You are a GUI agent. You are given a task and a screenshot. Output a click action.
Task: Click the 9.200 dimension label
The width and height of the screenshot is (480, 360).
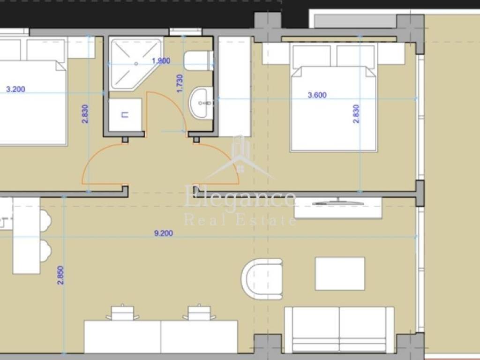click(164, 233)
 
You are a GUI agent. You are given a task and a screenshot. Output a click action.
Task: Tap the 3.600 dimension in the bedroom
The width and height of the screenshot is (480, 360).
click(317, 95)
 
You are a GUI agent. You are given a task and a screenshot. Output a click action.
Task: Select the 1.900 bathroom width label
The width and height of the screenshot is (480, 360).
click(161, 60)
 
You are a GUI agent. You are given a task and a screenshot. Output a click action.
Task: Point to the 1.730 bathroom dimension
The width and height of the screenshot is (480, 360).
click(180, 83)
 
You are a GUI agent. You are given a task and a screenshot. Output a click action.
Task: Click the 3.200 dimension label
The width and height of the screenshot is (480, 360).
click(15, 90)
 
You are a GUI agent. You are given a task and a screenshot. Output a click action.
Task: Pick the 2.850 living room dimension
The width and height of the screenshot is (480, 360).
click(60, 275)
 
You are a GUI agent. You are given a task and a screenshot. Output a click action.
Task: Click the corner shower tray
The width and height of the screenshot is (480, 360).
click(136, 64)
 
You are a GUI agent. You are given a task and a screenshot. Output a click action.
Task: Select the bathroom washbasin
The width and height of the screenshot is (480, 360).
click(201, 103)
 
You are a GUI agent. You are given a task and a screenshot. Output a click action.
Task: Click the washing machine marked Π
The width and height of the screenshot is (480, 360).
click(125, 115)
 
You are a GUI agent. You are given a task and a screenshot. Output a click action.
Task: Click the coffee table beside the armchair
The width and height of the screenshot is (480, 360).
click(340, 274)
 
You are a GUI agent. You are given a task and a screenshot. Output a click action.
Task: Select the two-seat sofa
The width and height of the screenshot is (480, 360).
click(339, 330)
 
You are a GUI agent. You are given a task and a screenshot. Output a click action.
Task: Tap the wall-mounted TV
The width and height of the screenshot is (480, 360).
click(338, 203)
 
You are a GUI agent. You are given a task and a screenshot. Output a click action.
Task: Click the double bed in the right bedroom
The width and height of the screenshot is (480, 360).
click(334, 97)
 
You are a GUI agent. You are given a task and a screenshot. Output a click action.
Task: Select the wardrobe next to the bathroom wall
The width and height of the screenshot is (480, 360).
click(235, 87)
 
